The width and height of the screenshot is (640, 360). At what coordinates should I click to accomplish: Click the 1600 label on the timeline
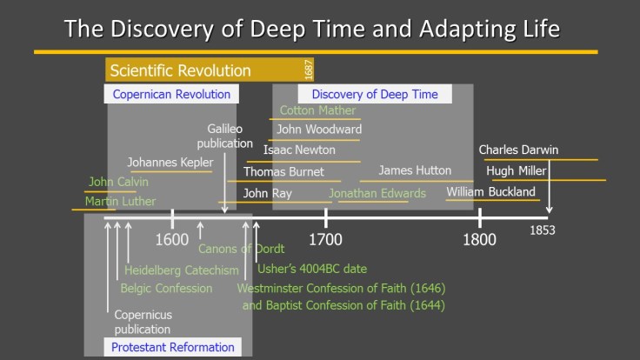pos(172,239)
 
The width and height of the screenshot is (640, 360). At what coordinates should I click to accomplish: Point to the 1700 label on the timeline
pos(325,239)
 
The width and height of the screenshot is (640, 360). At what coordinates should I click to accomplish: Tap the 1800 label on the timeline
pos(479,239)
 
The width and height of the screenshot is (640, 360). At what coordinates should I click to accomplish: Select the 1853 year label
pos(543,231)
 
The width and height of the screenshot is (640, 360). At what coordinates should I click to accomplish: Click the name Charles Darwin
pos(518,150)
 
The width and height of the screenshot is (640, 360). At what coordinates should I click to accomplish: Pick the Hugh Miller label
pos(517,170)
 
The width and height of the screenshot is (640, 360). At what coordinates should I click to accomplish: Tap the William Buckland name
pos(491,192)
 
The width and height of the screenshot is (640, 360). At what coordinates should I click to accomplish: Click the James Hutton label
pos(415,170)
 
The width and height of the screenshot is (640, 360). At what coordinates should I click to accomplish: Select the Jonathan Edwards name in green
pos(377,193)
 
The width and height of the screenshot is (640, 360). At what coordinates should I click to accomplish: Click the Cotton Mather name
pos(317,110)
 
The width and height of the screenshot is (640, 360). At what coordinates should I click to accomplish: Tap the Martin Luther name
pos(120,202)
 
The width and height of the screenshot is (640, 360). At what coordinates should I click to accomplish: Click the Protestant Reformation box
pos(173,347)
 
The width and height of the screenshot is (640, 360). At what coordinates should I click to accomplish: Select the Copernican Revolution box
pos(172,94)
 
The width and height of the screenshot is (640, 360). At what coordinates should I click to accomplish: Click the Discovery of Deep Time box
pos(375,94)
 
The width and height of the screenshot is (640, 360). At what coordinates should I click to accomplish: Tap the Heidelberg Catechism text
pos(181,270)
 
